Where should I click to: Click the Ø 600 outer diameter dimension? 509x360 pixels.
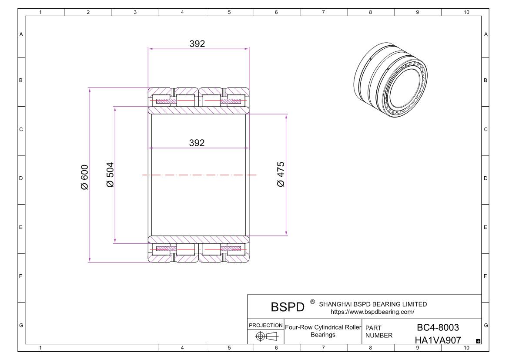tap(84, 177)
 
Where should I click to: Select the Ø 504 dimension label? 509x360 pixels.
tap(110, 175)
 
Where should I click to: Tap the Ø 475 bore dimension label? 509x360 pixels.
tap(281, 174)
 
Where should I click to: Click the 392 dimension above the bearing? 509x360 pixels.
tap(197, 44)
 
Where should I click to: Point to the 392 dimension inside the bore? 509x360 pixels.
tap(197, 143)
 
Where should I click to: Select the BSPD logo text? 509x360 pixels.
tap(288, 307)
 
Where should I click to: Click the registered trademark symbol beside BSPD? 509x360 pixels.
tap(312, 302)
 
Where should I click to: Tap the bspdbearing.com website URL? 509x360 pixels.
tap(372, 312)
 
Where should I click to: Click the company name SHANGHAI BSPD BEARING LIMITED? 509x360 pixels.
tap(373, 304)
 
